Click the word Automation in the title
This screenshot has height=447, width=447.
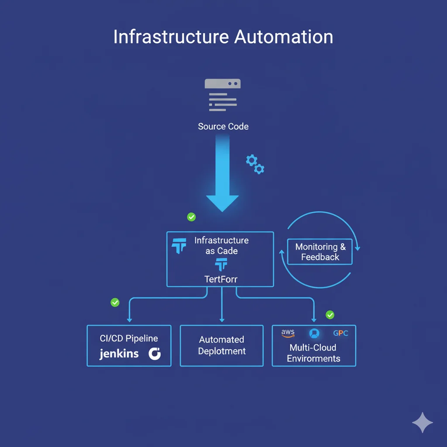[284, 37]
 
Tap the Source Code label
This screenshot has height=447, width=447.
[223, 127]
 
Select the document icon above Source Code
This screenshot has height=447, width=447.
[223, 95]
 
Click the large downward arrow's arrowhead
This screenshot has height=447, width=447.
[222, 202]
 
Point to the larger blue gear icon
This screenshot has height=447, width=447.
[251, 160]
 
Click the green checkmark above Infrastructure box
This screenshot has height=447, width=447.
[191, 217]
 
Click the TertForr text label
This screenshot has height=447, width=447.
[221, 279]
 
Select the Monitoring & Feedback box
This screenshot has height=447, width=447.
[320, 252]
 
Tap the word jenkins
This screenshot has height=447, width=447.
[119, 353]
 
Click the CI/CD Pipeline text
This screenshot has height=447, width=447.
[129, 338]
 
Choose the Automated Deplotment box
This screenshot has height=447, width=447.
[222, 345]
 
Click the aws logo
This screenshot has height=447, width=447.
[288, 333]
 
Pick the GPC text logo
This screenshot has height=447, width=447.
[340, 333]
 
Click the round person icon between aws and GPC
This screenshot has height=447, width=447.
[314, 334]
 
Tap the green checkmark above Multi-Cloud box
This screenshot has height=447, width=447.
[330, 315]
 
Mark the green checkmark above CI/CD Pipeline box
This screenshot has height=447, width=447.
[115, 302]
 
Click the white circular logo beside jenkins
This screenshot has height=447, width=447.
[155, 354]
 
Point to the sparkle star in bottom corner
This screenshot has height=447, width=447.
[422, 423]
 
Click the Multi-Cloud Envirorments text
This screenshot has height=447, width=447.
[313, 353]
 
